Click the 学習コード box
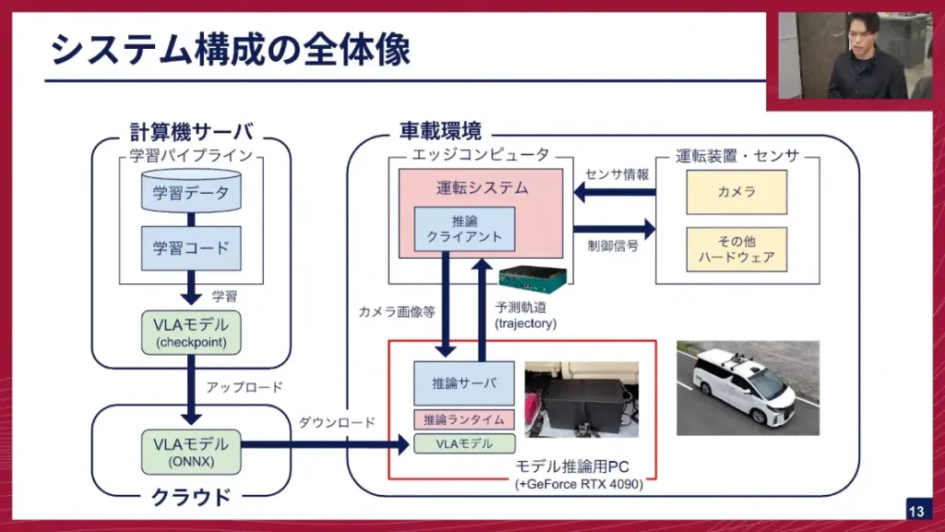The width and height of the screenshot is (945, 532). click(x=191, y=248)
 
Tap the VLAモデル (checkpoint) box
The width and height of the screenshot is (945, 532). click(x=191, y=333)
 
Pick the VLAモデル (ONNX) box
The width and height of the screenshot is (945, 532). click(x=191, y=449)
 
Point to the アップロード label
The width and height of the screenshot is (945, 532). click(x=245, y=387)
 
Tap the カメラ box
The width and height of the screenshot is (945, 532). click(x=736, y=192)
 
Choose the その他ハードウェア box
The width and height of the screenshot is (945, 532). click(x=736, y=249)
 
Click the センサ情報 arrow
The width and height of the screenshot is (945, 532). click(x=615, y=193)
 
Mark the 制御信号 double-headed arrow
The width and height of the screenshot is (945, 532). click(x=614, y=227)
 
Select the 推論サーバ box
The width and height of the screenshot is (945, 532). click(x=464, y=382)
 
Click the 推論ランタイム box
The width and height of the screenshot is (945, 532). click(x=464, y=419)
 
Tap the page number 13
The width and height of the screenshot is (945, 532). click(x=916, y=511)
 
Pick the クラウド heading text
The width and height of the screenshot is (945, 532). click(x=191, y=497)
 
